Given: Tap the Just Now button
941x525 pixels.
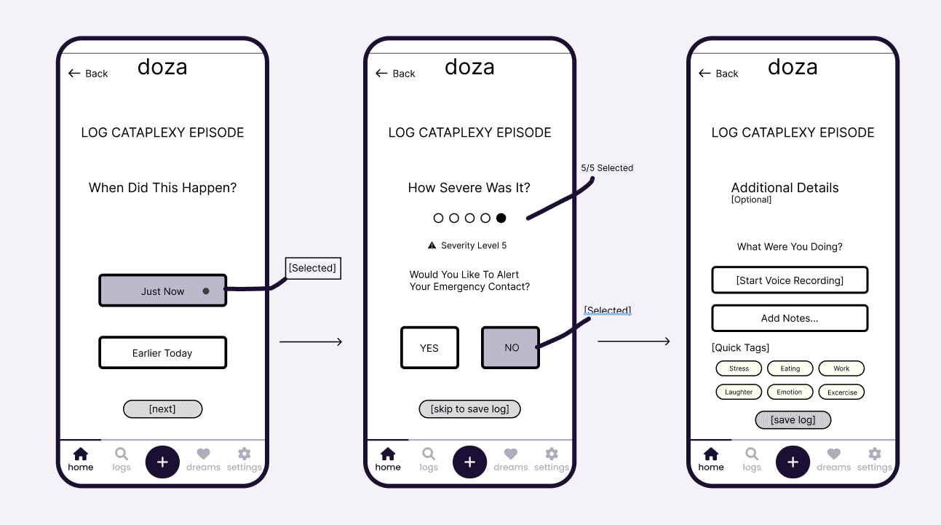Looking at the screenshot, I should tap(162, 291).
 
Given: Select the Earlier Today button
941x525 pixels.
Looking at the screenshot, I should tap(162, 353).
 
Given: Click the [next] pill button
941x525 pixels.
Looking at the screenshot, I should tap(162, 409).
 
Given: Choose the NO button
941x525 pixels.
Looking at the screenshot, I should tap(511, 348).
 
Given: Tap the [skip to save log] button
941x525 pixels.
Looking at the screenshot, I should tap(469, 409).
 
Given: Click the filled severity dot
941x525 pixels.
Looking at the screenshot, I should tap(501, 218).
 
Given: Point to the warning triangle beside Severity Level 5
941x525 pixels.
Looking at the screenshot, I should tap(432, 245).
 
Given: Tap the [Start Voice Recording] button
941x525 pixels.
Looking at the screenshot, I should tap(790, 280).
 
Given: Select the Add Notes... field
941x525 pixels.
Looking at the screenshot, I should tap(790, 318).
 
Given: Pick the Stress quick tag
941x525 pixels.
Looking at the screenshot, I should tap(739, 368).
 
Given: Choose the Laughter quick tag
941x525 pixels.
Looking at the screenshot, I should tap(739, 392).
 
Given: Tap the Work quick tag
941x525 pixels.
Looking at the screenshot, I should tap(841, 368).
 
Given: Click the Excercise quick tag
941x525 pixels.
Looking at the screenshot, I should tap(842, 392).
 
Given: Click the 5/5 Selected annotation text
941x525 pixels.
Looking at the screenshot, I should tap(607, 168).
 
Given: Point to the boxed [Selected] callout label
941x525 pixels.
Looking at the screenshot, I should tap(312, 268).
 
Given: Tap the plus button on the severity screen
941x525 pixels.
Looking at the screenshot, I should tap(469, 462).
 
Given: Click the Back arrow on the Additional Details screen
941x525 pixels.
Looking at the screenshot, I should tap(704, 74).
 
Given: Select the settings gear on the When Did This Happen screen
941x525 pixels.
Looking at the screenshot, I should tap(244, 454).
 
